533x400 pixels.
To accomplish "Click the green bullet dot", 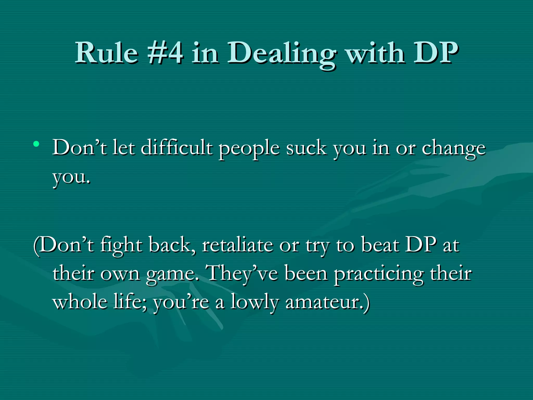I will pyautogui.click(x=36, y=143).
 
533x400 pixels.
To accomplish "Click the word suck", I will pyautogui.click(x=306, y=148).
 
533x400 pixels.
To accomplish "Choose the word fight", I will pyautogui.click(x=121, y=246).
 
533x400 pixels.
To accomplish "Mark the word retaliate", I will pyautogui.click(x=237, y=245).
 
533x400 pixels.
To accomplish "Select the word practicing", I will pyautogui.click(x=379, y=274).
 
